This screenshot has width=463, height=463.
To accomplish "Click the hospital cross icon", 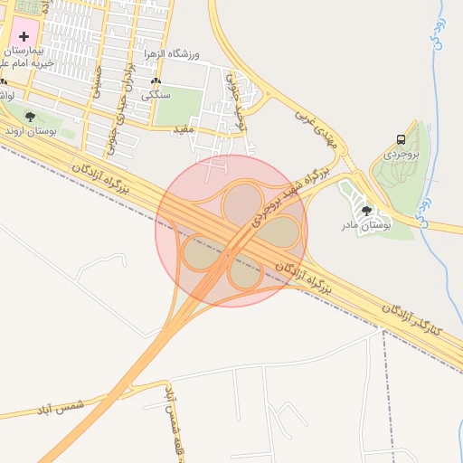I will click(24, 35).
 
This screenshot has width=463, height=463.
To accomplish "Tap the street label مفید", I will click(184, 132).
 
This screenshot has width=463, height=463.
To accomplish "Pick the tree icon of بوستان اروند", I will click(31, 116).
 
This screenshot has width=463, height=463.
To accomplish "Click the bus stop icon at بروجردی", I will click(400, 139).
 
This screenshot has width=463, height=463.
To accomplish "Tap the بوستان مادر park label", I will click(364, 224).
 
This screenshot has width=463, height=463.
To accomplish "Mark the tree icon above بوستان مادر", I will click(366, 210).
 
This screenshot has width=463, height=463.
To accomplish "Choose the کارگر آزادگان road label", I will click(411, 317).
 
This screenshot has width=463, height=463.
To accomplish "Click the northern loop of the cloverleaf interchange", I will click(241, 203).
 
